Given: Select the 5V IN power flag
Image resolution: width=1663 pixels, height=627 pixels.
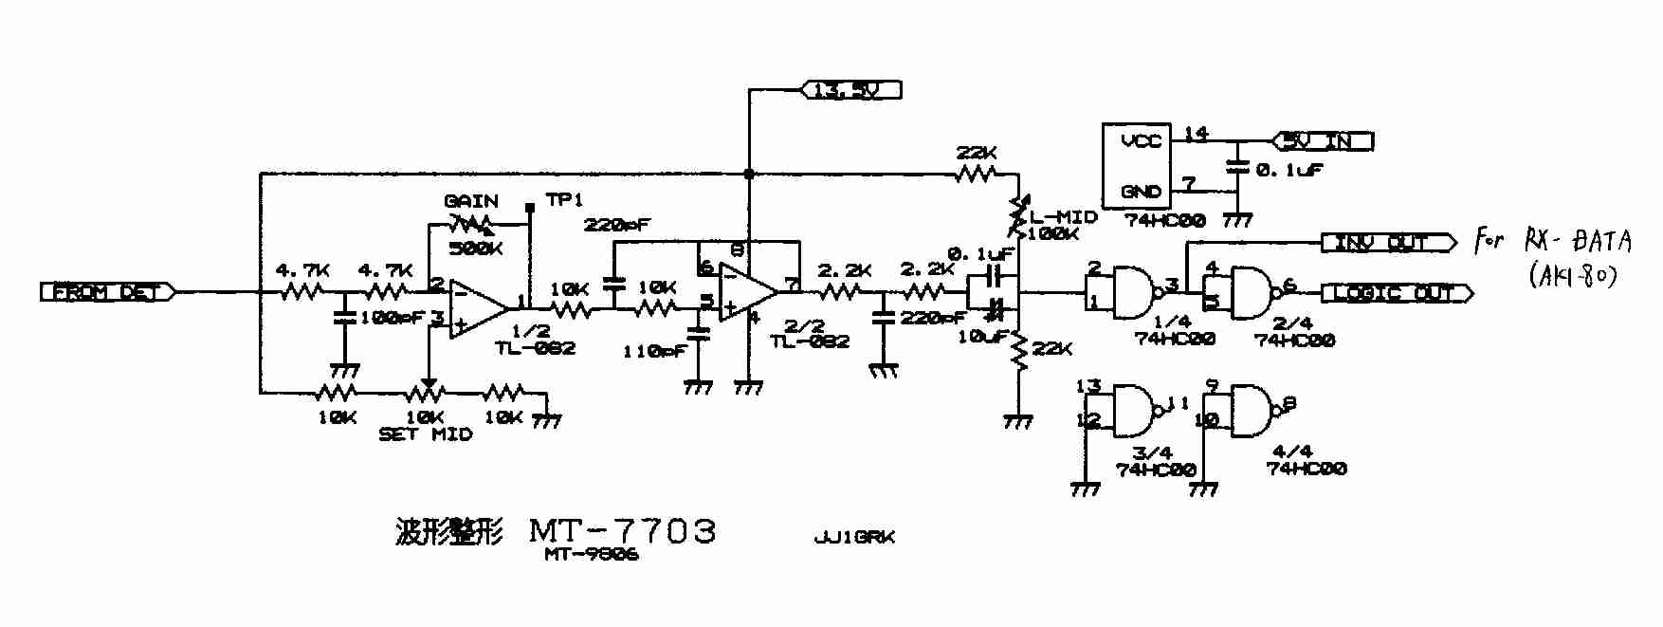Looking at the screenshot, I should [x=1323, y=141].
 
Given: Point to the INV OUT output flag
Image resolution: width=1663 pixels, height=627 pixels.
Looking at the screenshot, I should [x=1388, y=243].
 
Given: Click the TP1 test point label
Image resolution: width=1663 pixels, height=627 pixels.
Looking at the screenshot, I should [x=565, y=201].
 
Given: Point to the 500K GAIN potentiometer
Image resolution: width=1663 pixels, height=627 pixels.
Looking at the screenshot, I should [x=471, y=225].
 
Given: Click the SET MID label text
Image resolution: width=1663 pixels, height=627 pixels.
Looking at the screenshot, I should [x=425, y=435].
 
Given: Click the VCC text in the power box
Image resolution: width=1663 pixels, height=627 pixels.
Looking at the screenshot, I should [x=1141, y=141].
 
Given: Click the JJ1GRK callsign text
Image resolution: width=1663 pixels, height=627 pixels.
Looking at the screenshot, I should [x=853, y=537].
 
